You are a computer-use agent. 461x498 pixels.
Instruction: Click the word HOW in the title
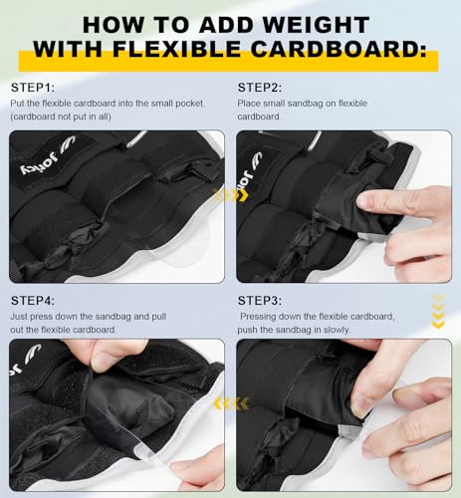[107, 21]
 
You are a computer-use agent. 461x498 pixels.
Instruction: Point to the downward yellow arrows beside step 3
[437, 311]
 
